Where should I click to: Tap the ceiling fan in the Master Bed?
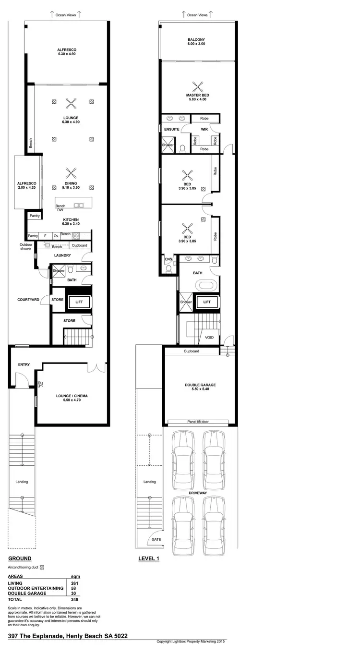pyautogui.click(x=198, y=86)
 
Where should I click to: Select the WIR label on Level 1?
pyautogui.click(x=204, y=129)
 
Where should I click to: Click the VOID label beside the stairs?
pyautogui.click(x=209, y=338)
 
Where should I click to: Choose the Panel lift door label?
pyautogui.click(x=198, y=422)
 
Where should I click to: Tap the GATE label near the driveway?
pyautogui.click(x=156, y=539)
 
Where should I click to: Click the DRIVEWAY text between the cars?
pyautogui.click(x=198, y=493)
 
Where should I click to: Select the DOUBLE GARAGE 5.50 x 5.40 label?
pyautogui.click(x=200, y=387)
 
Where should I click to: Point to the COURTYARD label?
pyautogui.click(x=28, y=300)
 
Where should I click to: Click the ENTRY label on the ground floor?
pyautogui.click(x=24, y=364)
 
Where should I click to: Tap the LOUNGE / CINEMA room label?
pyautogui.click(x=72, y=398)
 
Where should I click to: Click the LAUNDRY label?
pyautogui.click(x=62, y=255)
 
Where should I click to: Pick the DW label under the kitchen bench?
pyautogui.click(x=60, y=210)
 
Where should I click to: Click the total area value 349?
pyautogui.click(x=74, y=599)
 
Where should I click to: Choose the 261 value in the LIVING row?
pyautogui.click(x=74, y=583)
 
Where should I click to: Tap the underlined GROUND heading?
pyautogui.click(x=20, y=558)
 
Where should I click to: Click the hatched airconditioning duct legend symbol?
pyautogui.click(x=42, y=567)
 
